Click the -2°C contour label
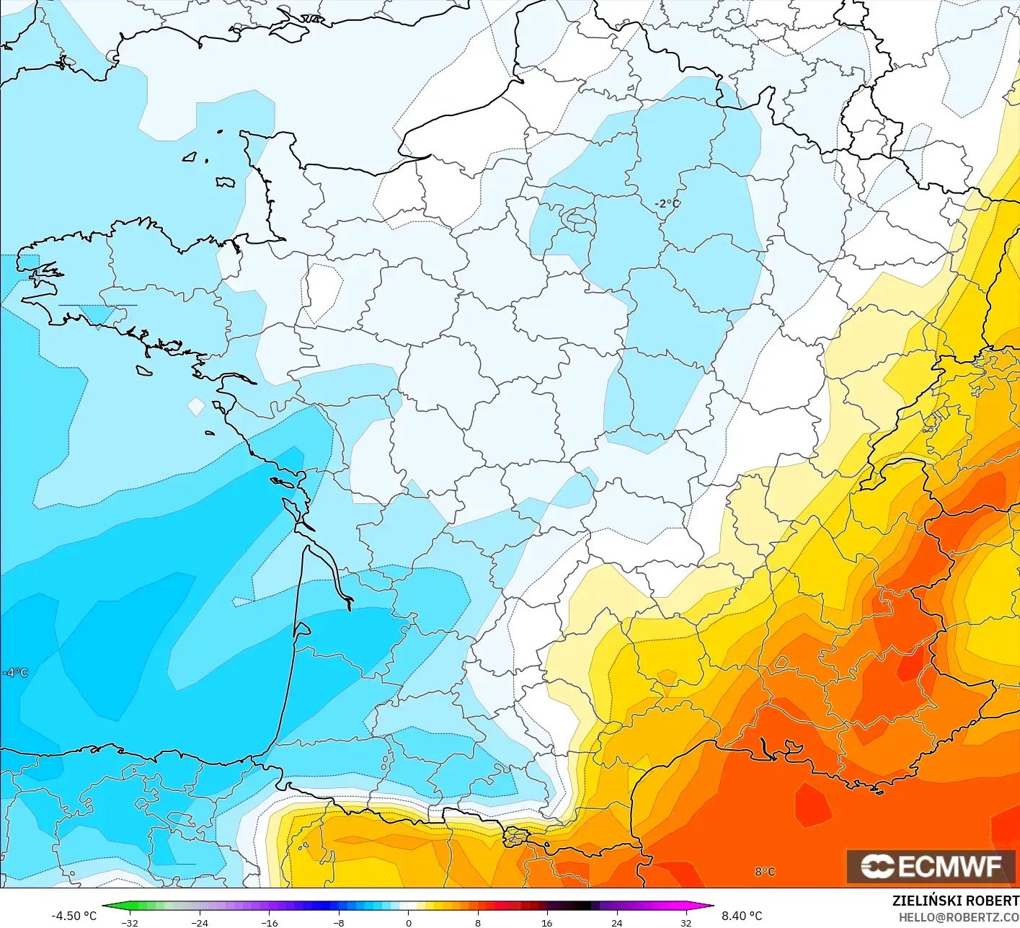click(667, 203)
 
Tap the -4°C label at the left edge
click(15, 673)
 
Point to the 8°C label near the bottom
click(765, 872)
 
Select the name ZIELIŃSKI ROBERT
click(955, 901)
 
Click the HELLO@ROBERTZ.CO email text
click(959, 917)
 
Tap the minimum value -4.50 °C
click(74, 916)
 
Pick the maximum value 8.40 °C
click(741, 916)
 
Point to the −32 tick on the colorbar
click(130, 922)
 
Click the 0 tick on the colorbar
click(408, 922)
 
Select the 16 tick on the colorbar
click(547, 922)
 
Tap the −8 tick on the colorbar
click(339, 922)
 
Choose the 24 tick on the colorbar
click(616, 922)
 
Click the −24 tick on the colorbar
click(199, 922)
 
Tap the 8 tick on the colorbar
click(478, 922)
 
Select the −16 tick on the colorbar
click(269, 922)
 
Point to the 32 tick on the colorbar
click(686, 922)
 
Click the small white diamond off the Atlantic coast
click(196, 407)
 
